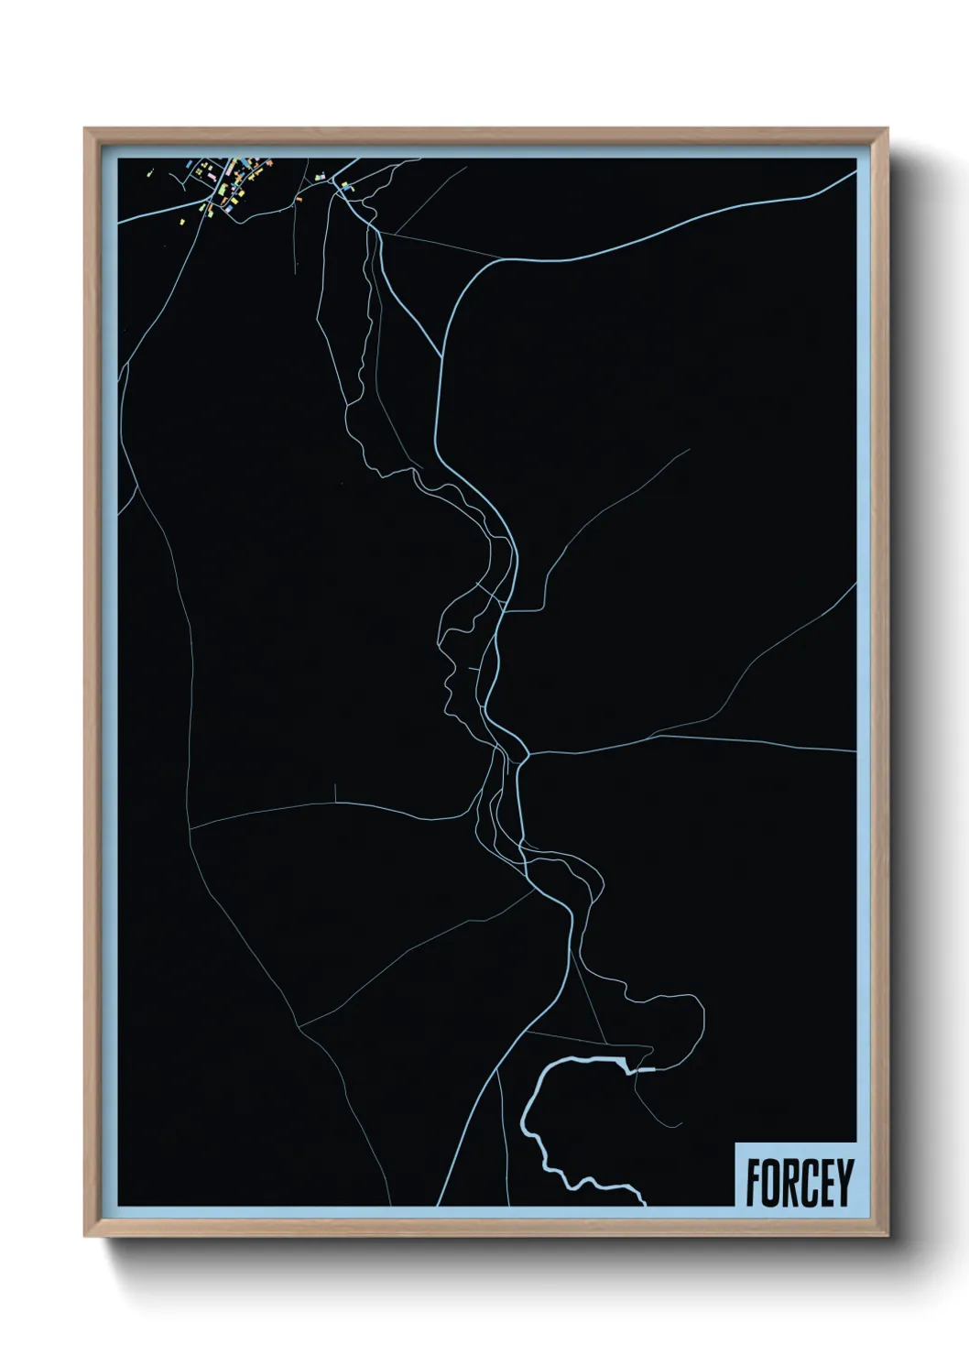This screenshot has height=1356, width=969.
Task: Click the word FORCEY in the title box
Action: click(x=799, y=1183)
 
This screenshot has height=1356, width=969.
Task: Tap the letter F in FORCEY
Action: click(x=753, y=1183)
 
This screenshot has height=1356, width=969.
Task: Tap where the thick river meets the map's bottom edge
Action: click(x=645, y=1203)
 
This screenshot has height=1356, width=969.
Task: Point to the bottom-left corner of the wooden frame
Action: click(x=86, y=1235)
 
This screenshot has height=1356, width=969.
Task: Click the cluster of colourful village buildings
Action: click(x=229, y=183)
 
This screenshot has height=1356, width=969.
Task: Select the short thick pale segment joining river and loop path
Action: click(x=645, y=1069)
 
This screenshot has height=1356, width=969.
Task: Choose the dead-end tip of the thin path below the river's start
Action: click(x=680, y=1124)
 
